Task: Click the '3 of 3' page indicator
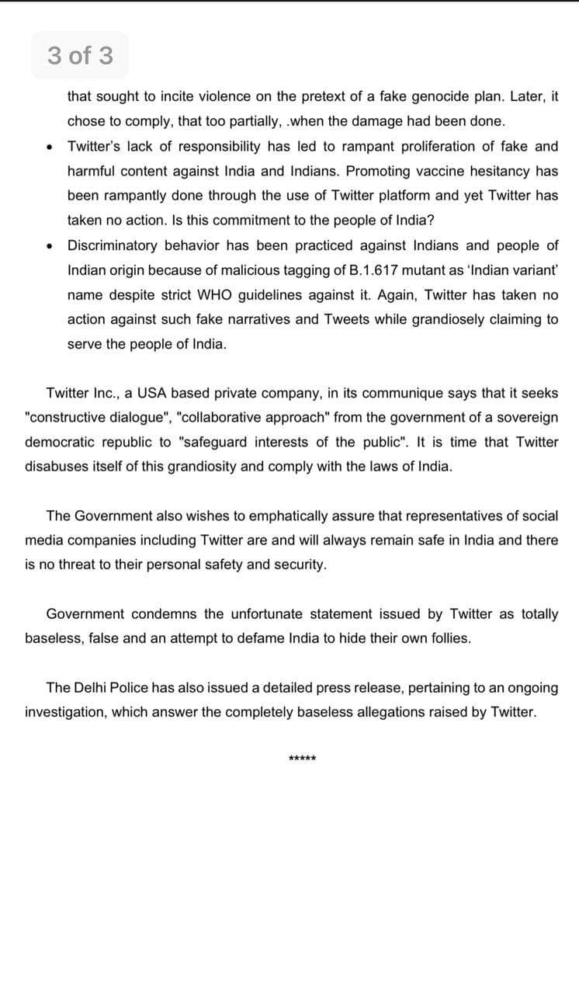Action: click(80, 56)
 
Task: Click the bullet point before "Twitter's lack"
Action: click(49, 147)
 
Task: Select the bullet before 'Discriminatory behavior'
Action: click(49, 246)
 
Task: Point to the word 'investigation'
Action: click(64, 712)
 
